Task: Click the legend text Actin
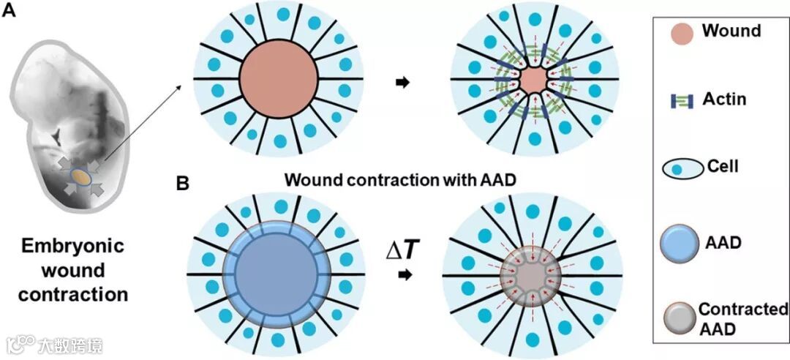coord(723,99)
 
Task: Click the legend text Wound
coord(731,31)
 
